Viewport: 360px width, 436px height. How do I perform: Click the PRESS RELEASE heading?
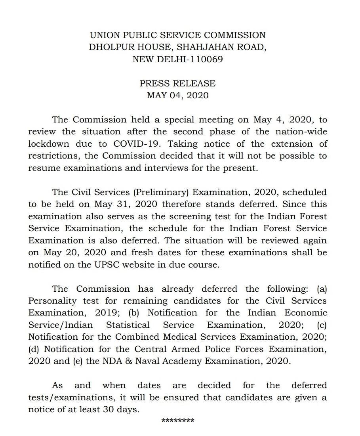(177, 84)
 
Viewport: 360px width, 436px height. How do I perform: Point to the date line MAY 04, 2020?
(177, 96)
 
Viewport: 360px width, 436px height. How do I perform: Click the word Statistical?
(128, 325)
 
